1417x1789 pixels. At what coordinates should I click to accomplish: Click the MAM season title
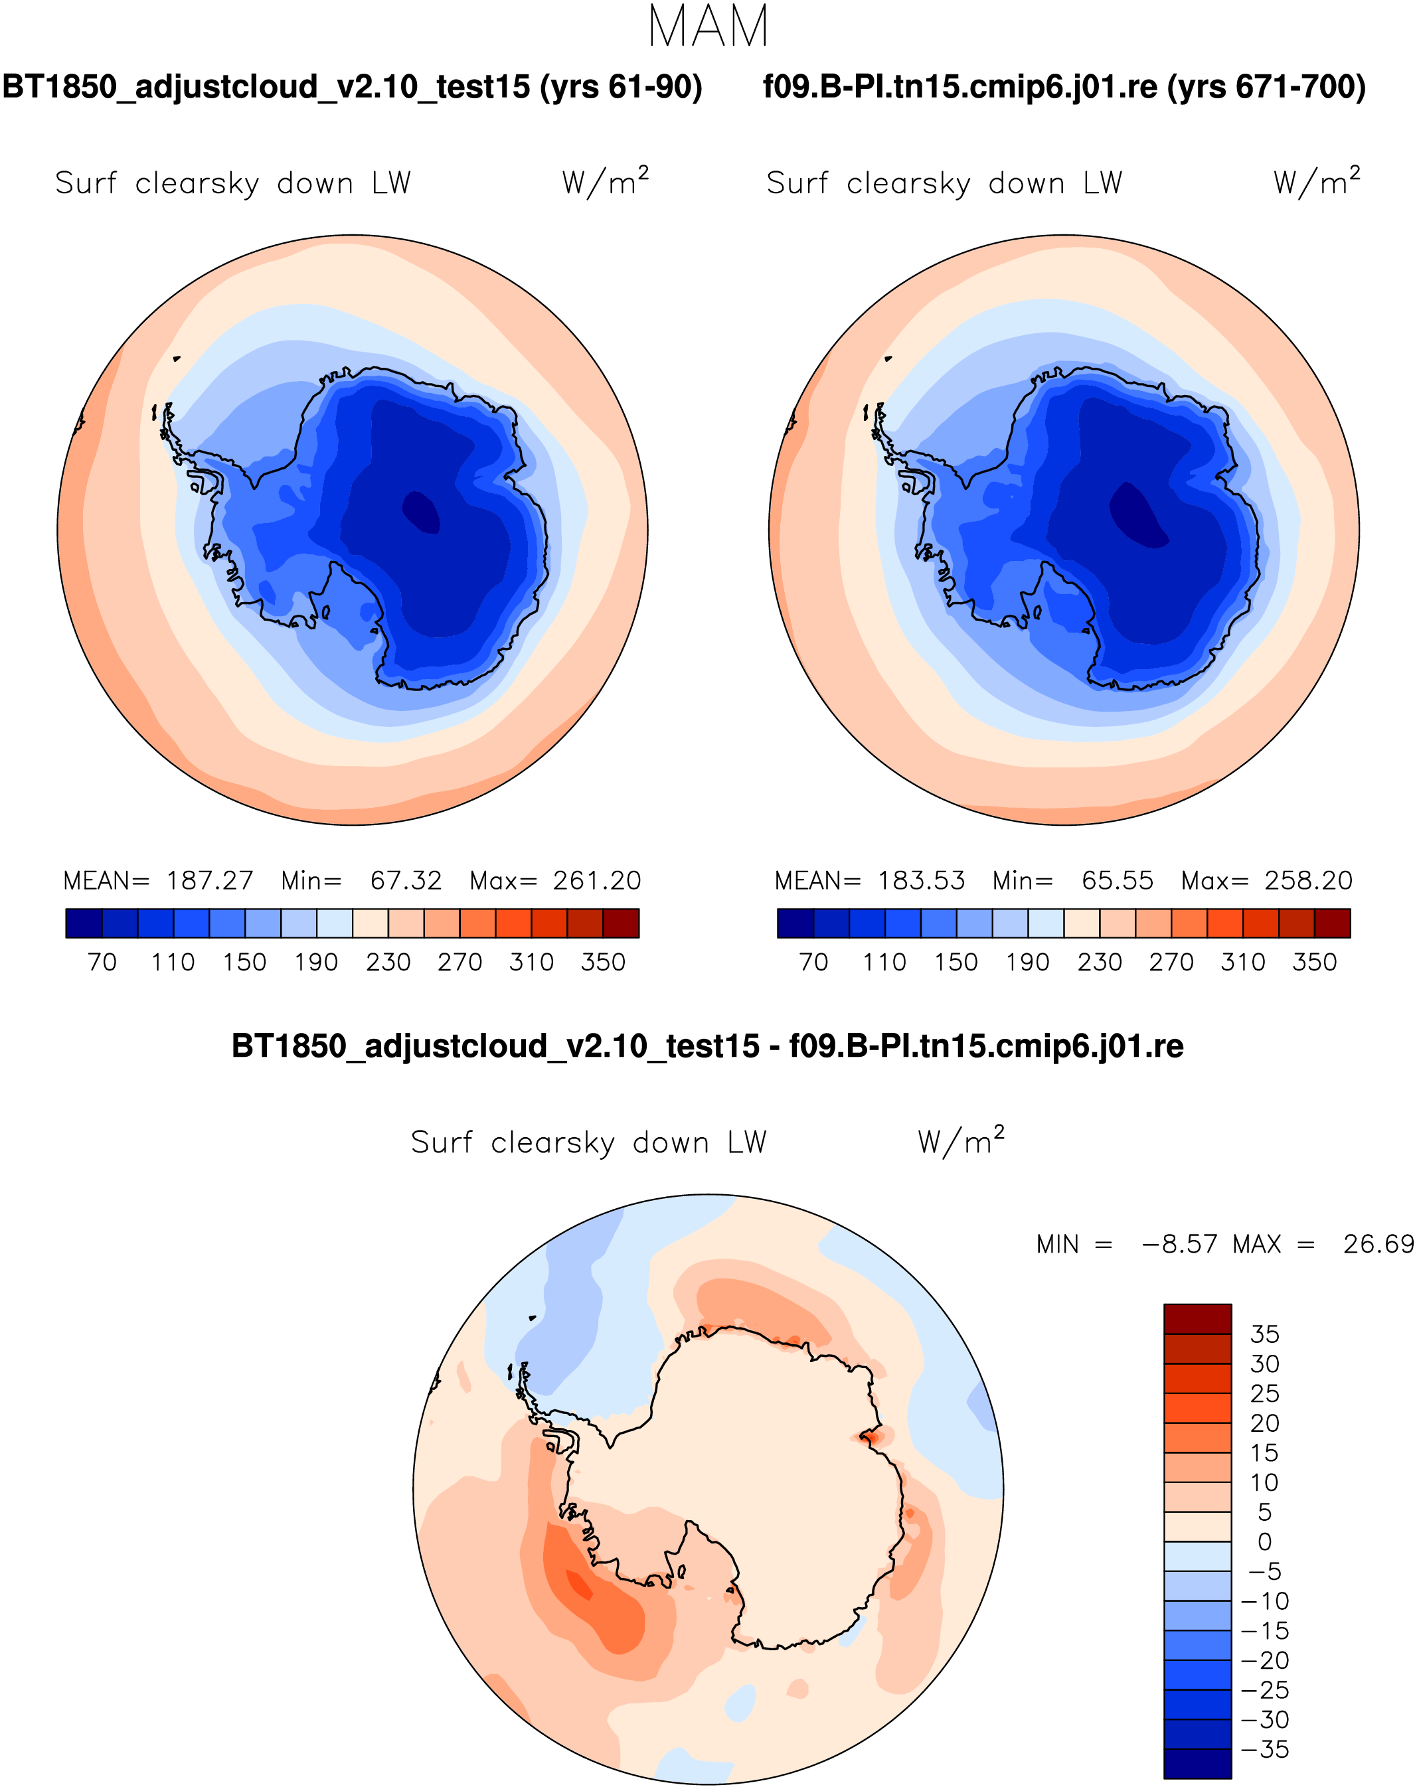coord(708,27)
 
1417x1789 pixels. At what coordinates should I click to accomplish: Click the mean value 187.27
coord(209,880)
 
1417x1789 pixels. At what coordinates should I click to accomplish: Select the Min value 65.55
coord(1117,880)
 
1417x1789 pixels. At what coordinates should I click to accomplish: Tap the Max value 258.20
coord(1308,880)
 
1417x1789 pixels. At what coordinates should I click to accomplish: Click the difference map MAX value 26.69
coord(1378,1244)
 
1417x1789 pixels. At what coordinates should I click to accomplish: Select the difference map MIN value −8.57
coord(1179,1244)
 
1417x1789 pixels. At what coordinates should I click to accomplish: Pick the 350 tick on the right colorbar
coord(1314,962)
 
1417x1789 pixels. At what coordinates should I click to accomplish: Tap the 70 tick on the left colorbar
coord(102,962)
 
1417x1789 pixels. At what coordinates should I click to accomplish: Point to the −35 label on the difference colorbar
coord(1264,1749)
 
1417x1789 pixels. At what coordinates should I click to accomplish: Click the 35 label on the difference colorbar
coord(1264,1334)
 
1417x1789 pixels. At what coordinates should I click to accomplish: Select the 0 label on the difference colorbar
coord(1264,1542)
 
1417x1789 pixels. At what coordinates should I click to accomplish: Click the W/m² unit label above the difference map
coord(961,1141)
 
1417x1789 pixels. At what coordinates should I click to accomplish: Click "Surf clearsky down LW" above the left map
coord(233,183)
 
